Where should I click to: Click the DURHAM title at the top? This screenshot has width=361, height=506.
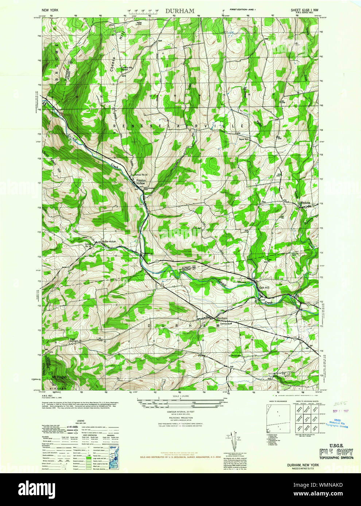click(x=180, y=11)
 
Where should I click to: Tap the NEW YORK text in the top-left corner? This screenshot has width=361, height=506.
click(x=51, y=12)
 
